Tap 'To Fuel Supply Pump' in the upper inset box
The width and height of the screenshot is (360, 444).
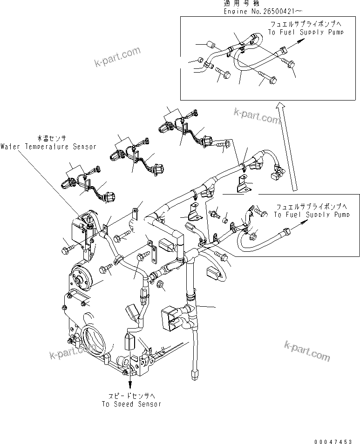click(x=306, y=32)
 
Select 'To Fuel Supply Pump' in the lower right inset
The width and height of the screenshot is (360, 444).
click(x=312, y=215)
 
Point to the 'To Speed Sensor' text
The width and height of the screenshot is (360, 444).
click(x=131, y=404)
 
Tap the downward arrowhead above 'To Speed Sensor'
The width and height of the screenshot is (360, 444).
click(x=130, y=383)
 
